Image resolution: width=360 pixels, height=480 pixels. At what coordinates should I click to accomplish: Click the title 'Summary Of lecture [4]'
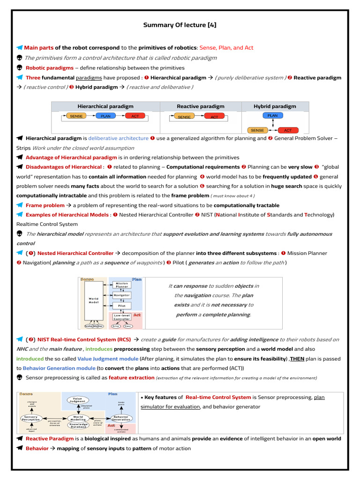180,25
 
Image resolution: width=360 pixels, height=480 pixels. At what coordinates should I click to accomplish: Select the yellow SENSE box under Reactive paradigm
184,117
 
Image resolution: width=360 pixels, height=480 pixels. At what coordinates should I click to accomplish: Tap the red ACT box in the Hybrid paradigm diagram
288,130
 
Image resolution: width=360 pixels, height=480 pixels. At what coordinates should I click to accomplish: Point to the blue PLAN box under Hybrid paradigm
272,115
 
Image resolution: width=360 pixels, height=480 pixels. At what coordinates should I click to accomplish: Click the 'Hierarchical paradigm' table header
105,106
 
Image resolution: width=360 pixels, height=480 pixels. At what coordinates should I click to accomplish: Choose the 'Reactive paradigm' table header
200,106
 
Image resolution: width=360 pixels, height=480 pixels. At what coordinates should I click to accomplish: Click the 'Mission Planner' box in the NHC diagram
122,285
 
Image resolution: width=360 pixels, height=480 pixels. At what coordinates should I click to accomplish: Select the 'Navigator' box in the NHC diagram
122,295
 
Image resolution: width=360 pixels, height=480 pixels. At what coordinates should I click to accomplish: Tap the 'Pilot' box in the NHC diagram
122,306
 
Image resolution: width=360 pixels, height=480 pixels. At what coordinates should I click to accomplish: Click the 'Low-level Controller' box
122,317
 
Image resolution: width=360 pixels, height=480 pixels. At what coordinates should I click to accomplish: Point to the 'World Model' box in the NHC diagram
94,300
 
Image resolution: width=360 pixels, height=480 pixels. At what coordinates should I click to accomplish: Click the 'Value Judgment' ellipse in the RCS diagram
77,400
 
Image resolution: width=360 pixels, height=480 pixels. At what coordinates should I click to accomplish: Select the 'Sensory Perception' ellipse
31,418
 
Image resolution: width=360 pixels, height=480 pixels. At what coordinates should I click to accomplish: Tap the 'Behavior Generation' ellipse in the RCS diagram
121,418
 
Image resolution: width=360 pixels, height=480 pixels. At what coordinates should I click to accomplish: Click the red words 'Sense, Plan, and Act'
226,48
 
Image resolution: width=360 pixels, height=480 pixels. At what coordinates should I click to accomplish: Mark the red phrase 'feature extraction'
131,377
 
